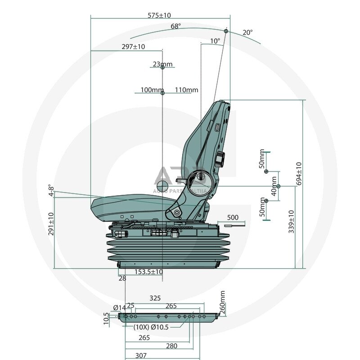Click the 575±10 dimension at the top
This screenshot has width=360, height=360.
point(159,15)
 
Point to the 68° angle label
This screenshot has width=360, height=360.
point(175,26)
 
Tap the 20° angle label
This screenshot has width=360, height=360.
point(247,32)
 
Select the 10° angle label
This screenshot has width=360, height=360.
point(216,41)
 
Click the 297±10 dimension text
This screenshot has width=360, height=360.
point(133,47)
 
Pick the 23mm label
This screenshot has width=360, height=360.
point(162,64)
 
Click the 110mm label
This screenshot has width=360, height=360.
point(186,90)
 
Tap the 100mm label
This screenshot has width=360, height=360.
point(152,90)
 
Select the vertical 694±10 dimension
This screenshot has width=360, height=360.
point(299,173)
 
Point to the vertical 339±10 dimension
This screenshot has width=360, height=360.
point(291,221)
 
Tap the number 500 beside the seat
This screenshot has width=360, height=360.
point(233,217)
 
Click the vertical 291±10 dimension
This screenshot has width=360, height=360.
point(51,224)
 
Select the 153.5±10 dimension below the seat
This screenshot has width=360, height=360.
point(148,272)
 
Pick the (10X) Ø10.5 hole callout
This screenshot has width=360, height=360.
point(151,327)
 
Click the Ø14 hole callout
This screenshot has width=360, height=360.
point(119,308)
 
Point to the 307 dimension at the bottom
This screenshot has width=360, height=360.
point(141,355)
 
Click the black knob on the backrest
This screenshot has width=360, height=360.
point(220,159)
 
